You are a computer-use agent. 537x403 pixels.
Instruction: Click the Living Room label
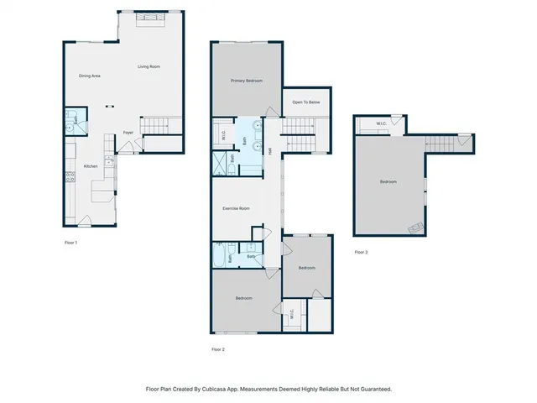[149, 66]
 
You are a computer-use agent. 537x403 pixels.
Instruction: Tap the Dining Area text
[90, 76]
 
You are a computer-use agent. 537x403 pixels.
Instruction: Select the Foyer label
[128, 133]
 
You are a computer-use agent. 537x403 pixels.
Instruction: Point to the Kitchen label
[91, 166]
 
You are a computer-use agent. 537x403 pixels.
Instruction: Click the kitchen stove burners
[68, 177]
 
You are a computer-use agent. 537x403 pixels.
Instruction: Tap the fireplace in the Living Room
[151, 16]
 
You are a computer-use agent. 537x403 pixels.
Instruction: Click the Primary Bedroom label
[247, 81]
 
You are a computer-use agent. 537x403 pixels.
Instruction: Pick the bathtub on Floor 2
[219, 254]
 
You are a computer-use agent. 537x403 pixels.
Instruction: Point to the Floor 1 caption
[71, 242]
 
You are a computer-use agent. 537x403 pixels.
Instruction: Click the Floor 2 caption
[218, 349]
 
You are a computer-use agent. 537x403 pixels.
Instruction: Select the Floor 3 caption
[361, 252]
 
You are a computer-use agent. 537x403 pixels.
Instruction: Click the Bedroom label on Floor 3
[388, 181]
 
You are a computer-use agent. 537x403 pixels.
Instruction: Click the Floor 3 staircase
[444, 143]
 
